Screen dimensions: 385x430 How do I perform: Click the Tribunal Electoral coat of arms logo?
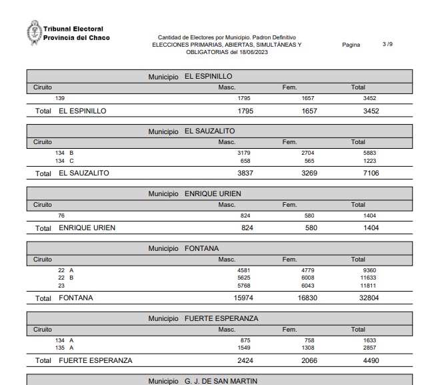[33, 33]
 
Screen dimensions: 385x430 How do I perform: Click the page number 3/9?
[387, 45]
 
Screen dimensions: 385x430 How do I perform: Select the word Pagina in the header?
[351, 45]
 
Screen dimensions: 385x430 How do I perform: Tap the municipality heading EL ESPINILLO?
[208, 77]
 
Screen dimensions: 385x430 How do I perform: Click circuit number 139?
[60, 98]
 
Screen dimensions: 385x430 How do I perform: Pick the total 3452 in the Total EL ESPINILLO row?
[371, 111]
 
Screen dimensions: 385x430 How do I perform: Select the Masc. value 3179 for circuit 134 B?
[243, 153]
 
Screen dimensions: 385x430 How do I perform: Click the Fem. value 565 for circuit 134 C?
[307, 161]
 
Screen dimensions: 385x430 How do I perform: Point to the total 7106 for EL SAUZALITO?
[371, 173]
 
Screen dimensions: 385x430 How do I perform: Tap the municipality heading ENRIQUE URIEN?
[213, 194]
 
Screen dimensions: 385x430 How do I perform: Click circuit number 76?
[60, 216]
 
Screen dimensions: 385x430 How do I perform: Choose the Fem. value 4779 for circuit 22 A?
[307, 270]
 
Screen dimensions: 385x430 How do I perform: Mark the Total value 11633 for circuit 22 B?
[368, 278]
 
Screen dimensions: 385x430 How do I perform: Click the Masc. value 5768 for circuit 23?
[243, 286]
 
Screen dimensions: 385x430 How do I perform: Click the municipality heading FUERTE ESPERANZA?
[221, 319]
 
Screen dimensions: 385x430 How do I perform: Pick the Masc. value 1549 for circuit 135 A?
[243, 348]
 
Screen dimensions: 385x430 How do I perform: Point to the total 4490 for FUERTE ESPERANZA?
[371, 361]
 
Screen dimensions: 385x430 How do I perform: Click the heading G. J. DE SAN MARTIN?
[221, 381]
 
